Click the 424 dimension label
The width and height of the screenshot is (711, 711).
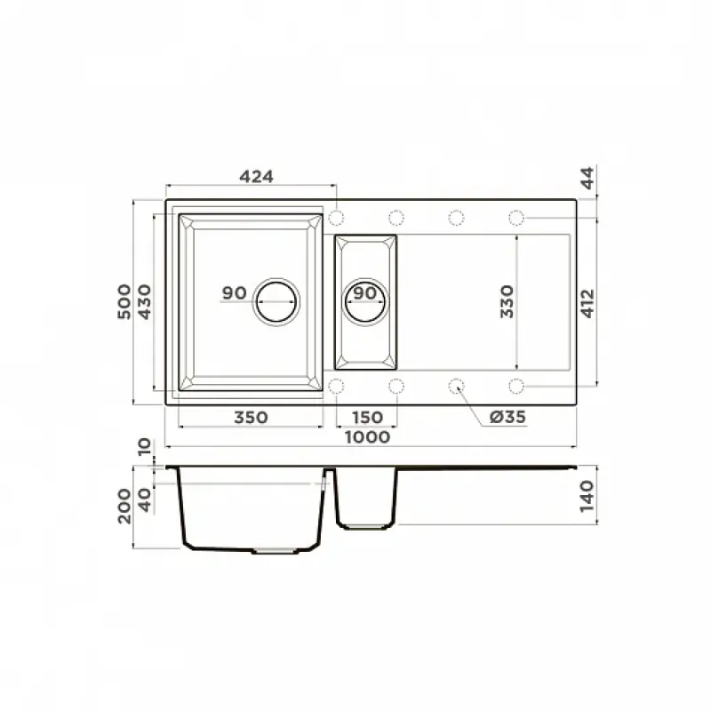pos(256,176)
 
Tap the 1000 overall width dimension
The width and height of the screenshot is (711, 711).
pos(368,437)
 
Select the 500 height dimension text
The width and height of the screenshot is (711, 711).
pos(124,301)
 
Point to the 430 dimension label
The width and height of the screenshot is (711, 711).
pos(144,301)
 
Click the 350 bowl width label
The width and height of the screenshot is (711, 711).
pos(251,417)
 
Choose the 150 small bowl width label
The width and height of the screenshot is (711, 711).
pos(367,417)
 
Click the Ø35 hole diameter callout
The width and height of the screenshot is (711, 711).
pos(507,417)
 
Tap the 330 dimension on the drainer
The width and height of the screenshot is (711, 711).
pos(507,301)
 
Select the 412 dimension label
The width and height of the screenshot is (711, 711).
pos(587,303)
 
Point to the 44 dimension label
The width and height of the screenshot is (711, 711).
pos(587,179)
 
